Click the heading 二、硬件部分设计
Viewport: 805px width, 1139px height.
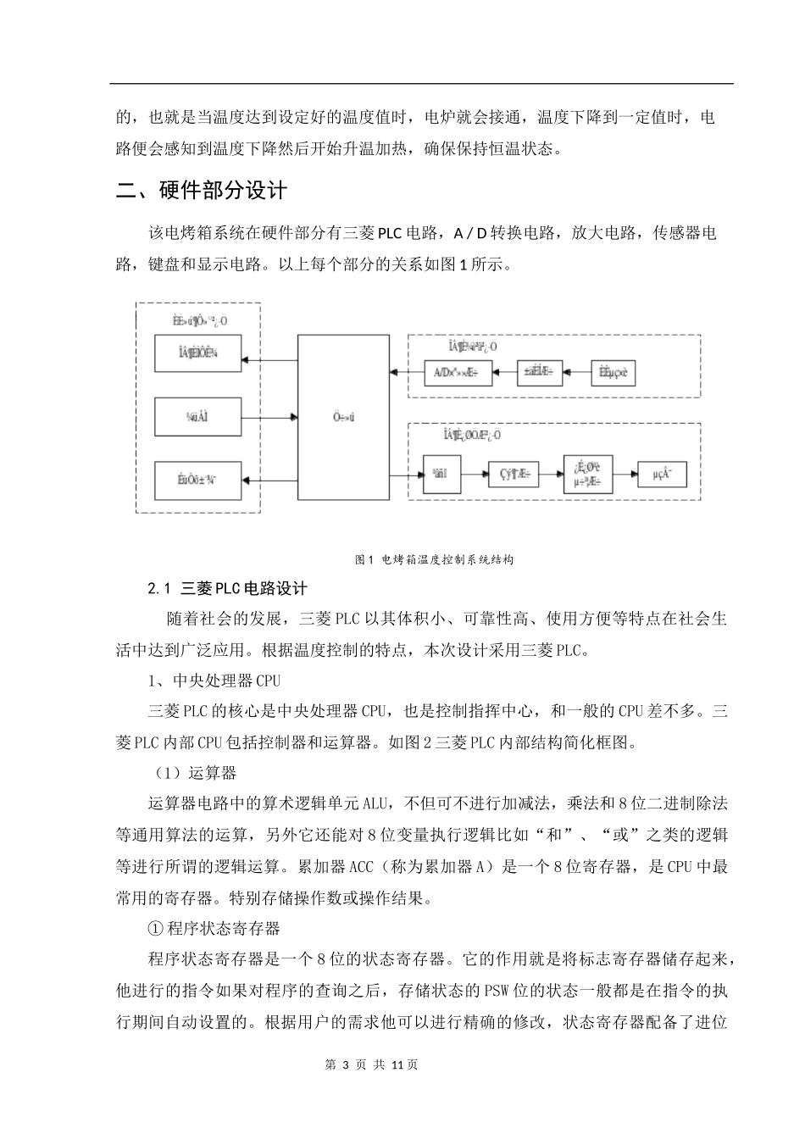[202, 191]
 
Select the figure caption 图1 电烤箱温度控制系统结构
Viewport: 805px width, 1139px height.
[435, 560]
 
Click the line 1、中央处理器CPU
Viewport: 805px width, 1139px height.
[214, 681]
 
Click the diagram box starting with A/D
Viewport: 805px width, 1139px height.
[457, 372]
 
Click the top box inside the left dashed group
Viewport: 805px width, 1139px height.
[198, 353]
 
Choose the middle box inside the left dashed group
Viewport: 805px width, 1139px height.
[198, 417]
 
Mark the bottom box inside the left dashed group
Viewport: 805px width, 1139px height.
[198, 480]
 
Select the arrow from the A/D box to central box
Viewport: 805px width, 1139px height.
[406, 372]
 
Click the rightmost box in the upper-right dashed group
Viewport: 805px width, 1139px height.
[612, 372]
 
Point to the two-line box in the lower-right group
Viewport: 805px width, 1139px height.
[587, 475]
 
